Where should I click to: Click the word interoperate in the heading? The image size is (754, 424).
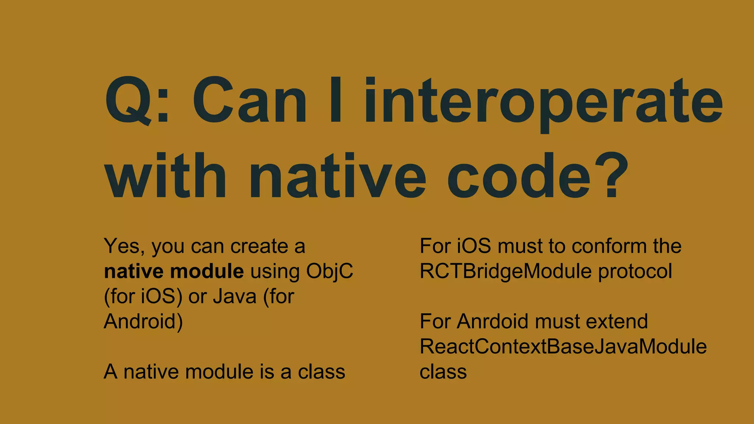tap(543, 101)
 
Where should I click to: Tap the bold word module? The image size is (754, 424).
tap(207, 271)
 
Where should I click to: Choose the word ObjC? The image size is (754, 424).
tap(330, 271)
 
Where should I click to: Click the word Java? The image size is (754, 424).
tap(235, 296)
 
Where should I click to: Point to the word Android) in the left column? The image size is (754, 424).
tap(143, 321)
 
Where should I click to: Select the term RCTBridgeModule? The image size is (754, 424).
tap(506, 271)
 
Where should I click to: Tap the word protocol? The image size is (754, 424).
tap(635, 271)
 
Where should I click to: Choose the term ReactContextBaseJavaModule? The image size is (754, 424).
tap(563, 346)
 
